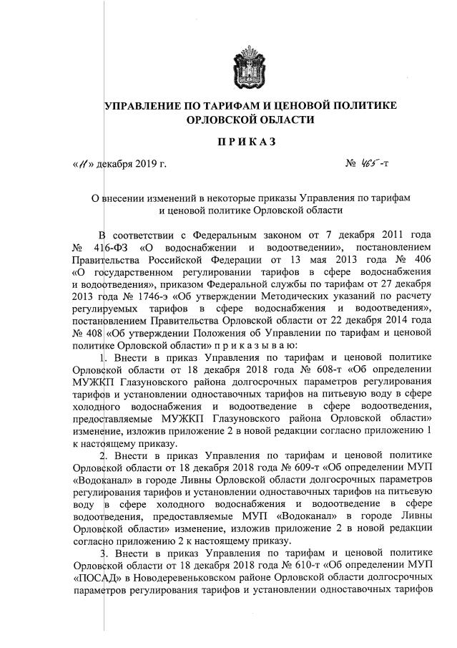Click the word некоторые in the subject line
tap(220, 198)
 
